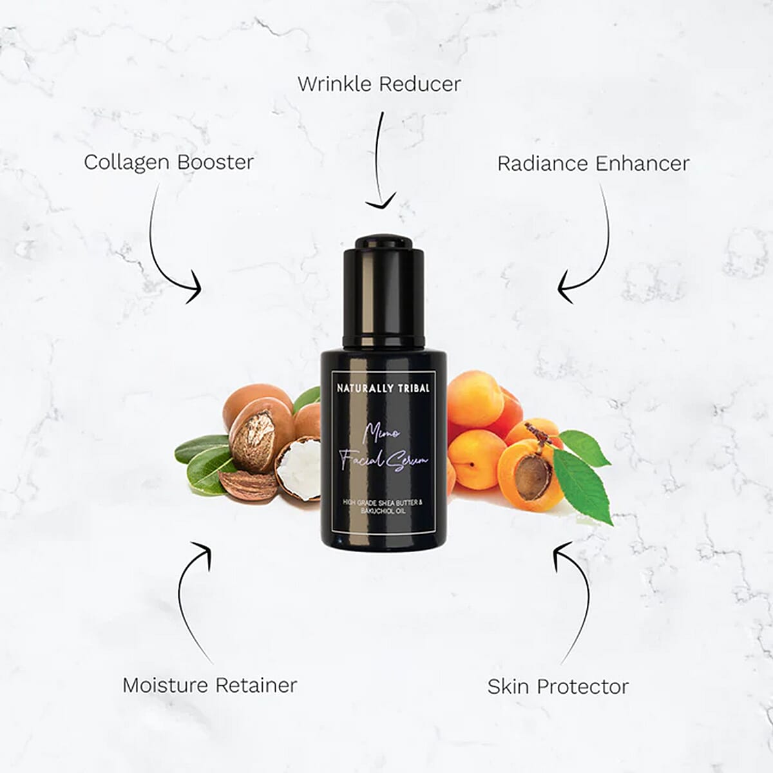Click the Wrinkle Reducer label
tap(379, 84)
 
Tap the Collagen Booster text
tap(169, 162)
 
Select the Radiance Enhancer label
tap(593, 163)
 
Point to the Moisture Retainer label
tap(210, 685)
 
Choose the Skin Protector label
tap(558, 686)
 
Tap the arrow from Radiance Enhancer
tap(596, 251)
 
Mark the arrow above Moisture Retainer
tap(190, 599)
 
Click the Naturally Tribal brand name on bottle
tap(383, 388)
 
